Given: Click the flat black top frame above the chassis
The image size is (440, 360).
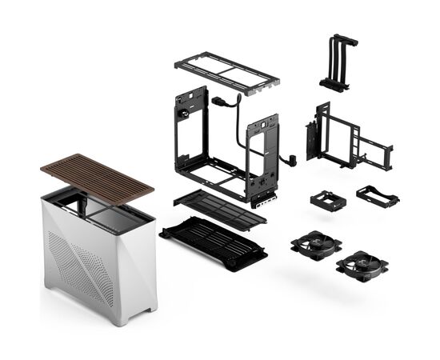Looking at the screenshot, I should point(226,72).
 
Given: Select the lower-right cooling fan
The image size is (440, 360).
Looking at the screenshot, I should point(362,265).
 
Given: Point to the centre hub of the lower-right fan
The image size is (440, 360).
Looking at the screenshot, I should point(362,265).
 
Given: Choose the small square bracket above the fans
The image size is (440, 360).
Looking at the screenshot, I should point(327,199).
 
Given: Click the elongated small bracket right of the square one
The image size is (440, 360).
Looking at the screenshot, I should point(377,196).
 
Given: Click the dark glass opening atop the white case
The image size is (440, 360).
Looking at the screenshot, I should point(104,210).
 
